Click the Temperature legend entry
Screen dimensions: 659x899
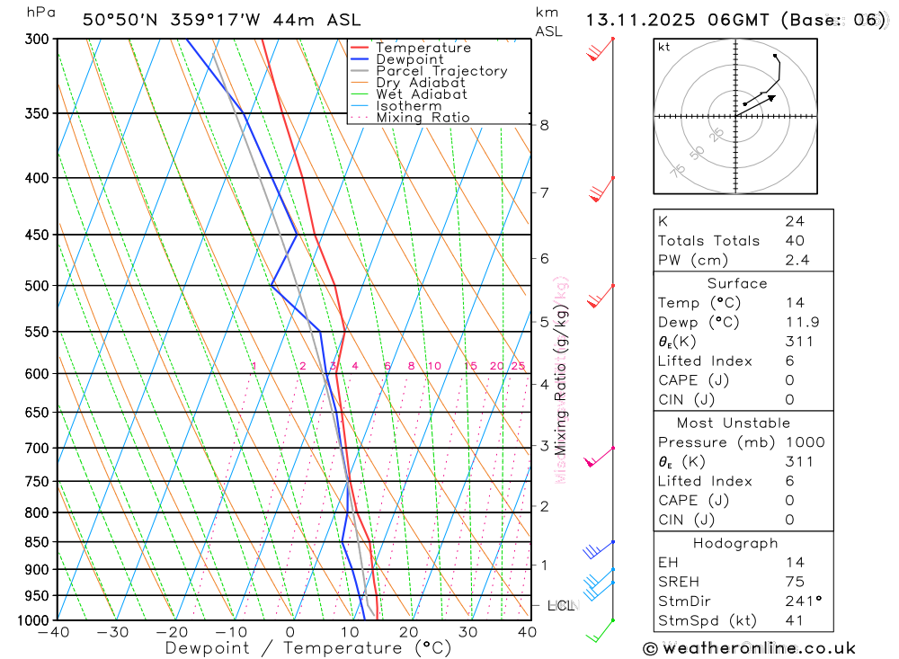(423, 48)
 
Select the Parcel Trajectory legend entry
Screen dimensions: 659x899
(441, 71)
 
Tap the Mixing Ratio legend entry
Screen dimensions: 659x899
(423, 118)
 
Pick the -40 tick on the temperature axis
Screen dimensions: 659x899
(55, 632)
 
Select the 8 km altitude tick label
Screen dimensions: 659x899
(544, 125)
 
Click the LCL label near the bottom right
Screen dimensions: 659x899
(560, 606)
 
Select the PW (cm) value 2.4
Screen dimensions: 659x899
(797, 260)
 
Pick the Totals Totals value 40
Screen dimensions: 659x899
(795, 240)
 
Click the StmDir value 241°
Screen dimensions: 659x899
(800, 601)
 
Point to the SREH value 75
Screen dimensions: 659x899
(795, 582)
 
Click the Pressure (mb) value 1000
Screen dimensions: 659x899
(803, 442)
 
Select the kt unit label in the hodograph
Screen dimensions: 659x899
(664, 48)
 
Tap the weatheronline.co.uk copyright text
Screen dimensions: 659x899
(749, 648)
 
